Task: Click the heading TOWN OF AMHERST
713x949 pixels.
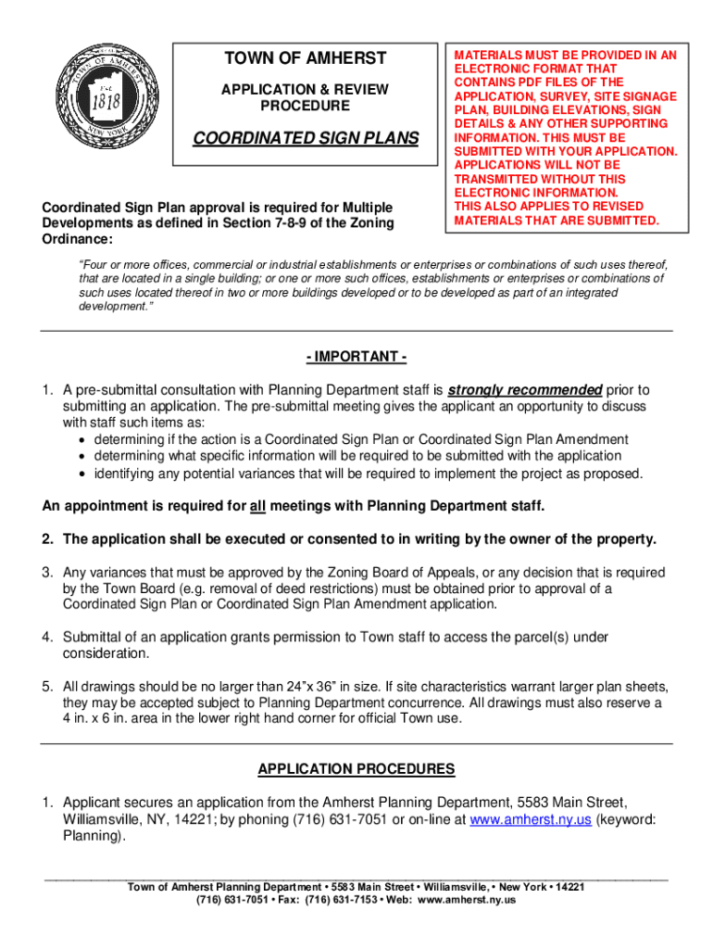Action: coord(305,59)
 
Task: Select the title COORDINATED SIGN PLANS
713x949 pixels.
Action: coord(305,139)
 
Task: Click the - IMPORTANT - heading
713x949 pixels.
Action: coord(356,358)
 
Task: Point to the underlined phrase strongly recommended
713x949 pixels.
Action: coord(525,389)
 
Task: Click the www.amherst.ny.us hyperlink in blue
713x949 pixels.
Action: coord(512,819)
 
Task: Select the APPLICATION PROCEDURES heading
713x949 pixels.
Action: coord(356,769)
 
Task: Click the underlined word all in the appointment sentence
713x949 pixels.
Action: coord(258,506)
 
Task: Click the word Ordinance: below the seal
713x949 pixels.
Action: coord(77,239)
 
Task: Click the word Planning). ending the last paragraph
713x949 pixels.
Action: coord(93,836)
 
